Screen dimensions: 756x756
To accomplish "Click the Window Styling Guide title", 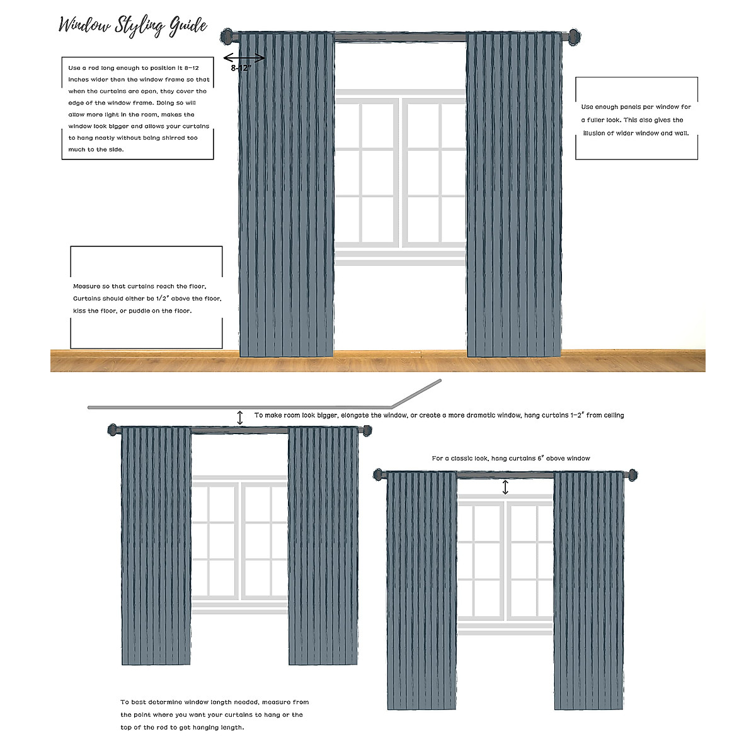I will pyautogui.click(x=133, y=25).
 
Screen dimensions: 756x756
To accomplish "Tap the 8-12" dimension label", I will pyautogui.click(x=241, y=68).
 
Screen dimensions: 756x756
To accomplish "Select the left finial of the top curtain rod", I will pyautogui.click(x=228, y=36).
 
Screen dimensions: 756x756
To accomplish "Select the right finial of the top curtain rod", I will pyautogui.click(x=573, y=36).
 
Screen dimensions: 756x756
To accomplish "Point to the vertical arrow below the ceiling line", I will pyautogui.click(x=240, y=417).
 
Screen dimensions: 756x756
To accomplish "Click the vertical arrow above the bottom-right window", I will pyautogui.click(x=505, y=488).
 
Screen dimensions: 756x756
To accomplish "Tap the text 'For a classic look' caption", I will pyautogui.click(x=510, y=459).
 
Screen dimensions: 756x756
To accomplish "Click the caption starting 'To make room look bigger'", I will pyautogui.click(x=439, y=416).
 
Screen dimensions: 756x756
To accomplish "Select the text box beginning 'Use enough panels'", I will pyautogui.click(x=636, y=118).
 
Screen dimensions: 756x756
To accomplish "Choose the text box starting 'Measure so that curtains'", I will pyautogui.click(x=146, y=297).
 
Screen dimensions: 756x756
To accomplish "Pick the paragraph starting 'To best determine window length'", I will pyautogui.click(x=214, y=714).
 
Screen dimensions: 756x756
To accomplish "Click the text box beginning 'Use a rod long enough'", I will pyautogui.click(x=137, y=108).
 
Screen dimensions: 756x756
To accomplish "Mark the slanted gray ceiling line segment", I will pyautogui.click(x=416, y=393).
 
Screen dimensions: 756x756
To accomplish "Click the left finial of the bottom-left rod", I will pyautogui.click(x=113, y=430).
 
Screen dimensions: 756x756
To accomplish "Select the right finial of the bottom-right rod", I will pyautogui.click(x=631, y=474).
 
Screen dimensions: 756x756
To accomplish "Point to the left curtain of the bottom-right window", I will pyautogui.click(x=421, y=591).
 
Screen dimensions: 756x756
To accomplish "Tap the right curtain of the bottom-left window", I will pyautogui.click(x=323, y=546).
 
